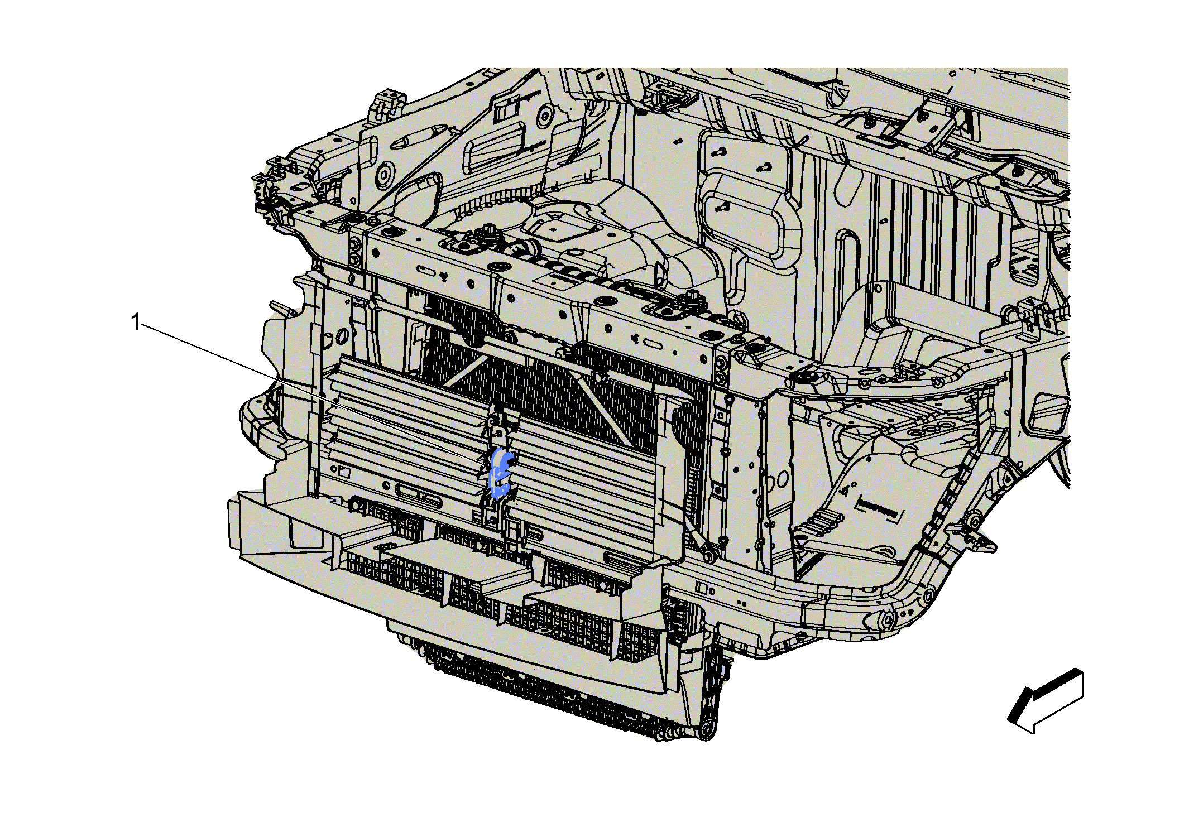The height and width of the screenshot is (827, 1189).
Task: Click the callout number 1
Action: coord(136,322)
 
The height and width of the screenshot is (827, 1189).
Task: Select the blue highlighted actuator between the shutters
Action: coord(500,473)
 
